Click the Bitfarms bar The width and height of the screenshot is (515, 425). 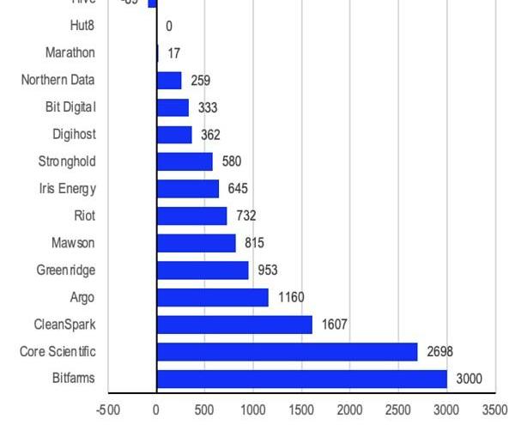pyautogui.click(x=302, y=379)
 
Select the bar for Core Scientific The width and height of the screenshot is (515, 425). pyautogui.click(x=287, y=352)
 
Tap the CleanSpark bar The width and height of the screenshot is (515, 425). pyautogui.click(x=234, y=325)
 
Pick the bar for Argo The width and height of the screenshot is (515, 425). pyautogui.click(x=213, y=297)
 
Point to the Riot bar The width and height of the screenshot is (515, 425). pyautogui.click(x=191, y=216)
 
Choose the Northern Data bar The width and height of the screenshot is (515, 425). pyautogui.click(x=169, y=80)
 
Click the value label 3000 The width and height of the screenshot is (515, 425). pyautogui.click(x=469, y=379)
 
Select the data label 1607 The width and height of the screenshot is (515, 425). pyautogui.click(x=335, y=325)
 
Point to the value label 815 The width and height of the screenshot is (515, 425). pyautogui.click(x=254, y=243)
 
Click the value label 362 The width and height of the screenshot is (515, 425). pyautogui.click(x=210, y=135)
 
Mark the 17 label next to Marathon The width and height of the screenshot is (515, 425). pyautogui.click(x=173, y=53)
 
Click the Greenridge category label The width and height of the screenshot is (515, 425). pyautogui.click(x=65, y=270)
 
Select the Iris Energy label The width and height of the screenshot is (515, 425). pyautogui.click(x=68, y=189)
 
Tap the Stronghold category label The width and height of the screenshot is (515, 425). pyautogui.click(x=67, y=161)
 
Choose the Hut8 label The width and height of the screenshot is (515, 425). pyautogui.click(x=82, y=26)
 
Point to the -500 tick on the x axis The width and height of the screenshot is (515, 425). pyautogui.click(x=108, y=410)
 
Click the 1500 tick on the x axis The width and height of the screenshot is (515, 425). pyautogui.click(x=301, y=410)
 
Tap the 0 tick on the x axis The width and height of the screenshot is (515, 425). pyautogui.click(x=156, y=410)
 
